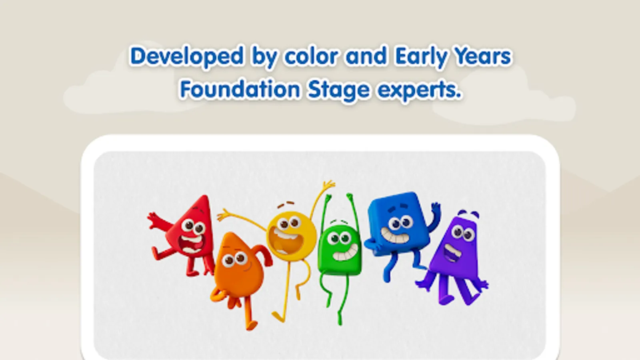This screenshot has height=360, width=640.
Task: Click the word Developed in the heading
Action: click(187, 56)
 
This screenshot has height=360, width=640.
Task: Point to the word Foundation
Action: click(240, 89)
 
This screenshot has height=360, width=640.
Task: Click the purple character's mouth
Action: click(452, 252)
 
